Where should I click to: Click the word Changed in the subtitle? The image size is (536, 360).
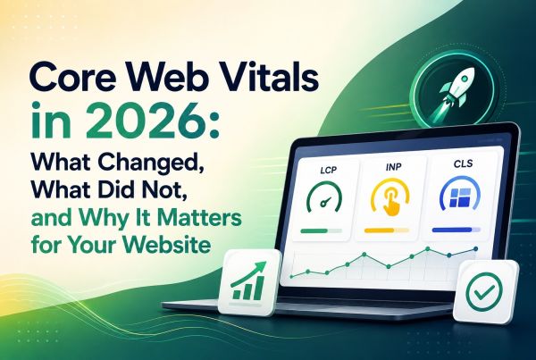[153, 163]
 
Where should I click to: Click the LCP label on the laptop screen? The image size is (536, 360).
[328, 170]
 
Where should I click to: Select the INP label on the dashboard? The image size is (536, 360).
[393, 168]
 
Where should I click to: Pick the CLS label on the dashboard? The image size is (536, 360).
[463, 163]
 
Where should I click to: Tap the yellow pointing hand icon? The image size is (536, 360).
[390, 199]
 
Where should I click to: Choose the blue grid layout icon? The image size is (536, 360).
[460, 197]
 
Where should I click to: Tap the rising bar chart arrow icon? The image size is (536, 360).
[249, 280]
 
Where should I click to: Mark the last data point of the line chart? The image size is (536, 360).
[475, 249]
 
